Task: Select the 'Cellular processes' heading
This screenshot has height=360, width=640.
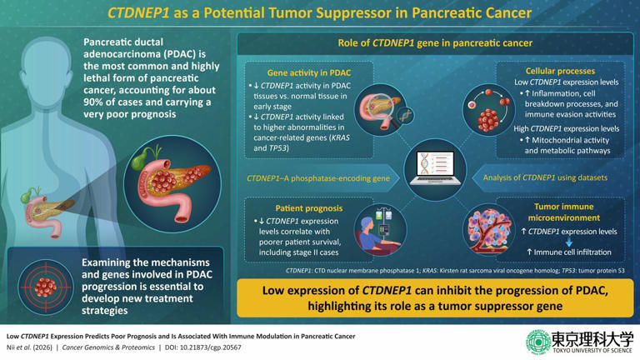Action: coord(560,72)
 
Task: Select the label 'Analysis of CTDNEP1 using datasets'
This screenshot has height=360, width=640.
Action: coord(554,177)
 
